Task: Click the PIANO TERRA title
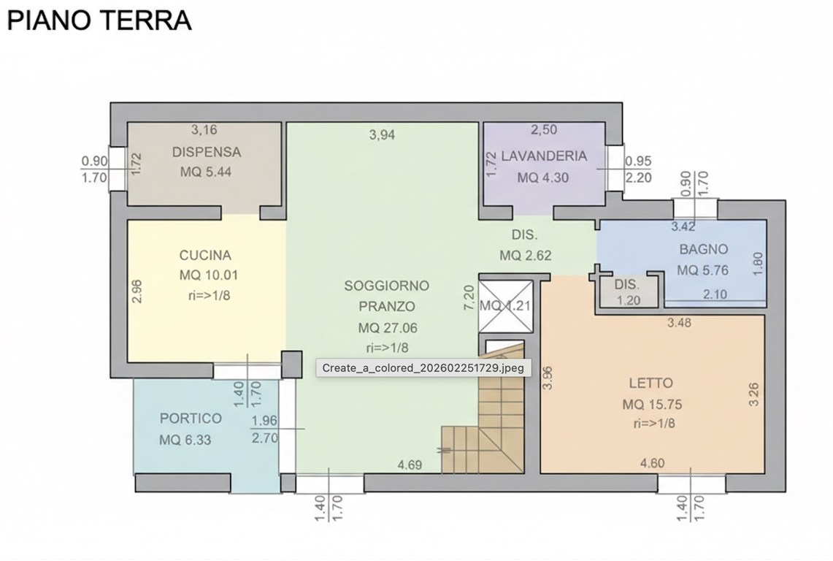(x=99, y=20)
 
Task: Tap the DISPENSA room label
(x=207, y=152)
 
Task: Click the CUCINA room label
(x=205, y=256)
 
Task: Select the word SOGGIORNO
(x=386, y=286)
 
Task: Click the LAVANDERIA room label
(x=544, y=156)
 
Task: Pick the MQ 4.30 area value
(x=543, y=178)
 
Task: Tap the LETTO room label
(x=650, y=383)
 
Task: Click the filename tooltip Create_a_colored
(x=423, y=368)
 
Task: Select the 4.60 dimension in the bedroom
(x=652, y=462)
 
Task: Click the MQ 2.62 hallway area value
(x=525, y=256)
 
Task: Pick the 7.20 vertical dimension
(x=470, y=298)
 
